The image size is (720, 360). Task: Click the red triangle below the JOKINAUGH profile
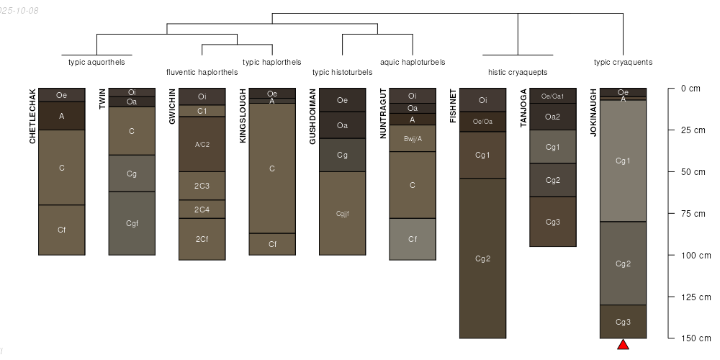click(624, 345)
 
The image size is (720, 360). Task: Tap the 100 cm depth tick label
click(695, 256)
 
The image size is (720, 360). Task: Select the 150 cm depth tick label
click(695, 338)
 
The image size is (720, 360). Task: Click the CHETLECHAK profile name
click(32, 116)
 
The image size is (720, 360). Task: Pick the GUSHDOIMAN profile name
click(313, 117)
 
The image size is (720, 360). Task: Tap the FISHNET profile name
click(454, 107)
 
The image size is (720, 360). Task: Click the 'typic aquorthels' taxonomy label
click(96, 62)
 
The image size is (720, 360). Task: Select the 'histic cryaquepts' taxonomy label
click(518, 72)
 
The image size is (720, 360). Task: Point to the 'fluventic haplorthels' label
click(202, 72)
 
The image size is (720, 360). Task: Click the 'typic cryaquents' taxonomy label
click(623, 62)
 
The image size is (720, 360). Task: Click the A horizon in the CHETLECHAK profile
click(62, 116)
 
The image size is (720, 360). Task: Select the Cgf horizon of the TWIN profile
click(132, 223)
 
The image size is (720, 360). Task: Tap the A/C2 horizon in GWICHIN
click(202, 144)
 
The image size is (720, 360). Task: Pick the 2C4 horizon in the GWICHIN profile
click(202, 209)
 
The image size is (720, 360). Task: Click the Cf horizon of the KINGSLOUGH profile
click(272, 244)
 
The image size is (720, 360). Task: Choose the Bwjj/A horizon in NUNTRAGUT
click(413, 138)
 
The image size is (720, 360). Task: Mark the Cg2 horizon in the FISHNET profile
click(483, 258)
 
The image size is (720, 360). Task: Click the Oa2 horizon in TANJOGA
click(553, 117)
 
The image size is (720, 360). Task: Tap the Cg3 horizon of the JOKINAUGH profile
click(624, 322)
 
